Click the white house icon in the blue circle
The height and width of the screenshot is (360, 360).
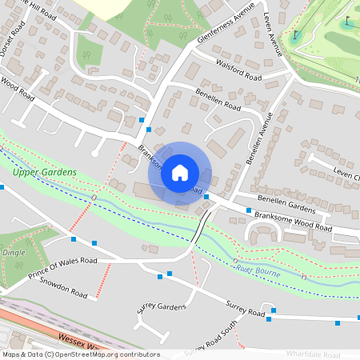click(x=180, y=172)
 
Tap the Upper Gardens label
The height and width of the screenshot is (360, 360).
click(x=45, y=173)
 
